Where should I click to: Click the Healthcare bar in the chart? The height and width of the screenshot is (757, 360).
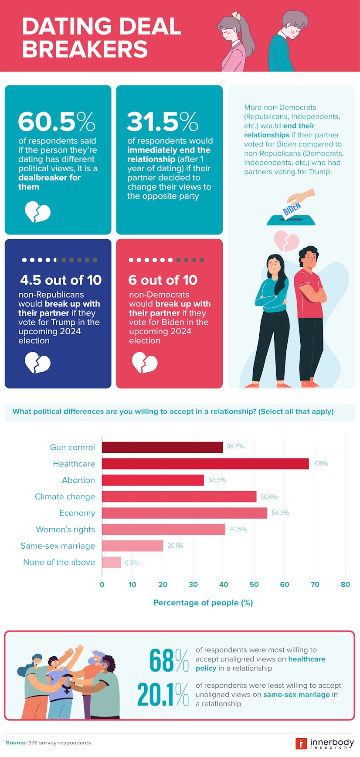tap(205, 464)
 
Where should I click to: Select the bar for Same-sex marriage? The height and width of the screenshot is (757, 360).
tap(132, 546)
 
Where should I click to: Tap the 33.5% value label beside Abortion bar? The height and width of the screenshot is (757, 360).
tap(217, 480)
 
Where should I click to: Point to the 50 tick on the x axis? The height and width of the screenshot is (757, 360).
tap(254, 584)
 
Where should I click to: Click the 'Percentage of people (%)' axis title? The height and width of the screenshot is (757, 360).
tap(203, 602)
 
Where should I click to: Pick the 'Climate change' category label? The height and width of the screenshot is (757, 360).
tap(65, 496)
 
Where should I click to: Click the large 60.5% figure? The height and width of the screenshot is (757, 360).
tap(57, 122)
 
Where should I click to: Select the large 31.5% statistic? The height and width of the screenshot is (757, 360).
tap(163, 122)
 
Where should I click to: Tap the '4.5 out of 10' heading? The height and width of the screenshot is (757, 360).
tap(61, 280)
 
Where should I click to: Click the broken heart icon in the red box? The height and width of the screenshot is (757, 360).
tap(145, 363)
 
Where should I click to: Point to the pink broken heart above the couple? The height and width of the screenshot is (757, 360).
tap(286, 241)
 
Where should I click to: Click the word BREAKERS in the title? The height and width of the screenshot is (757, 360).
tap(85, 49)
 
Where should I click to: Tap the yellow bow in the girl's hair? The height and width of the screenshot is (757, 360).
tap(236, 15)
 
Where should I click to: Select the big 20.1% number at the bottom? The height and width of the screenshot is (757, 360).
tap(163, 694)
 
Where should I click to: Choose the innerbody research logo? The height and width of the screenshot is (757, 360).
tap(324, 743)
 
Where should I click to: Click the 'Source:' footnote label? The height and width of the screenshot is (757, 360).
tap(16, 743)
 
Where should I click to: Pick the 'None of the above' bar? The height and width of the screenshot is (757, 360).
tap(112, 562)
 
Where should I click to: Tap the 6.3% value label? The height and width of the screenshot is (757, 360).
tap(132, 563)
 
